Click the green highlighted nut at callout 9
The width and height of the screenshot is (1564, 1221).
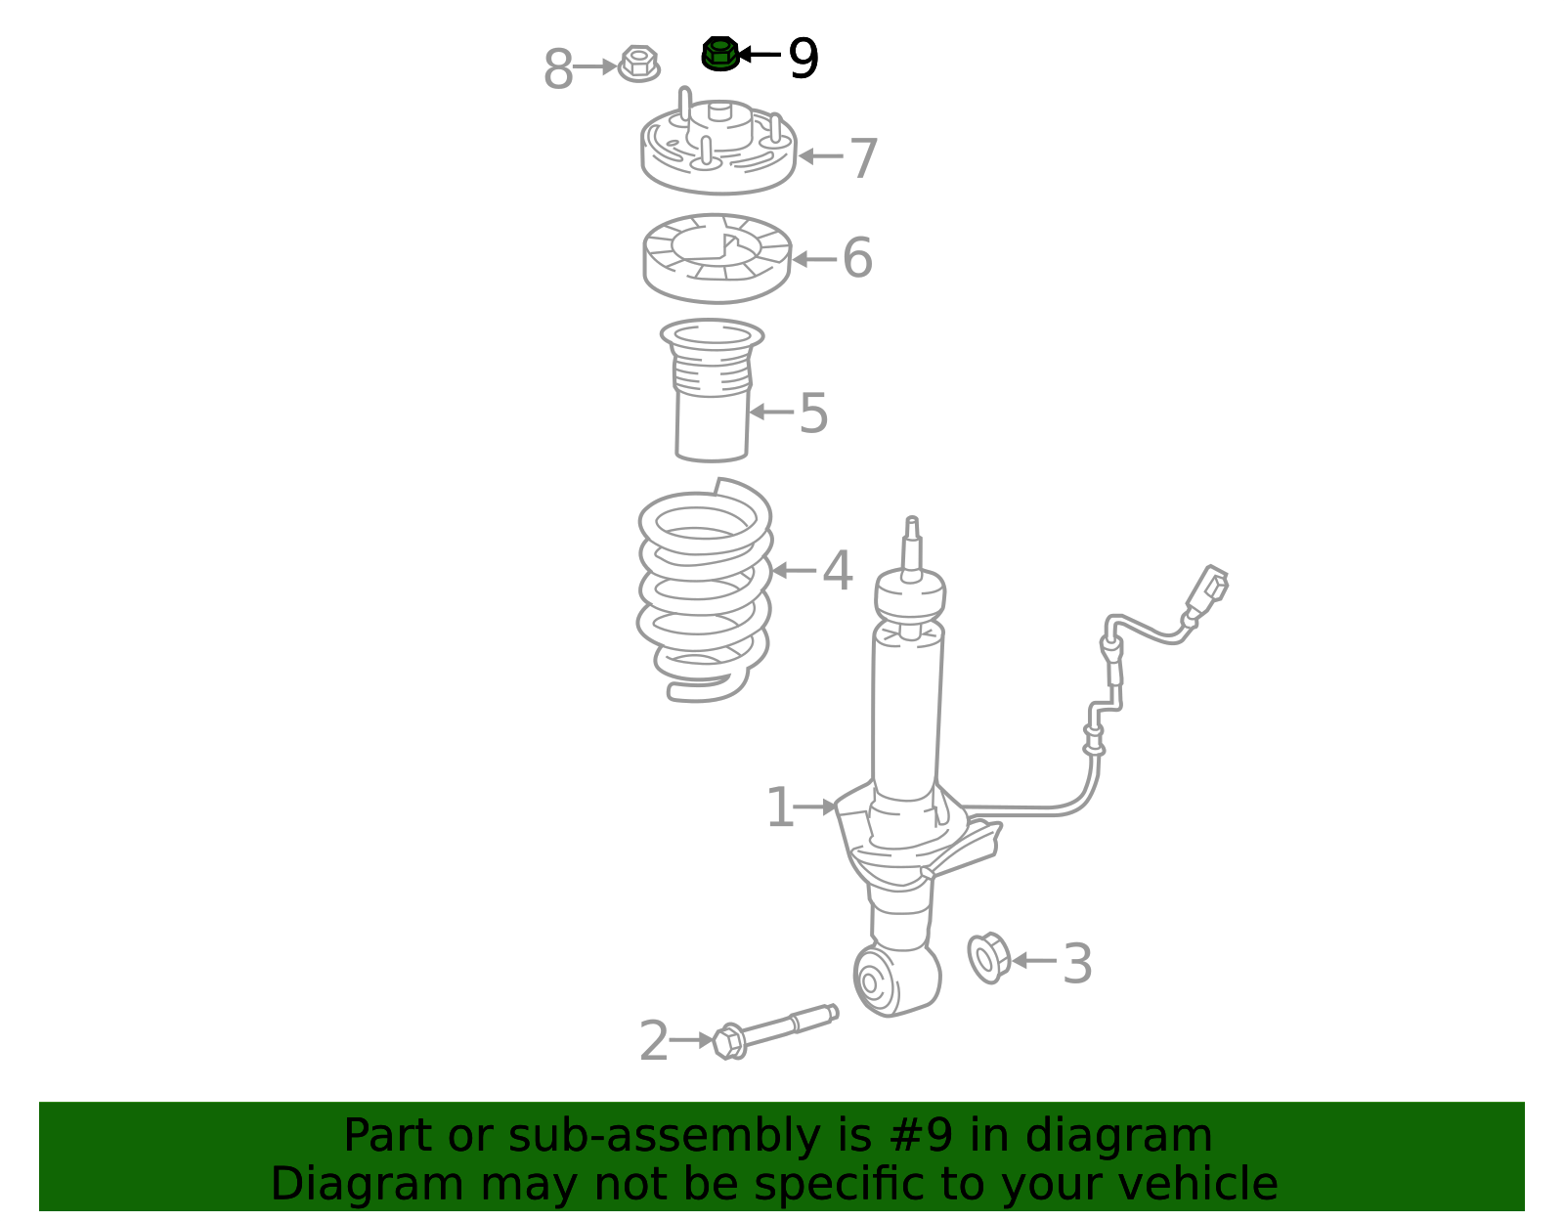point(720,53)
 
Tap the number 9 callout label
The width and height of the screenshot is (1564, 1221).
point(804,58)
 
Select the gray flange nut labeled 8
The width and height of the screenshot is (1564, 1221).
point(639,64)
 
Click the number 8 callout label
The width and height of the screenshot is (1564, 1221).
point(558,69)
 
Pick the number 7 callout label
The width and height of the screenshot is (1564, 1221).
point(864,158)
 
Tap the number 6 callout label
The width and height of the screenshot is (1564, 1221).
point(857,257)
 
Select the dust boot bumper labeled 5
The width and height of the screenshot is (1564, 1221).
point(712,389)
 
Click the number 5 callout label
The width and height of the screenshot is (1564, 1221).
point(814,413)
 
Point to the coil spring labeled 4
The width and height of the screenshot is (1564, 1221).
point(705,590)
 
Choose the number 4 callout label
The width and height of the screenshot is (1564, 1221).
point(838,571)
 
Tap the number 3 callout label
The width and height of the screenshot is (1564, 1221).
point(1077,964)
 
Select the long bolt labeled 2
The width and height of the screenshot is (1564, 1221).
point(775,1031)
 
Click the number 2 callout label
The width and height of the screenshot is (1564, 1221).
point(654,1040)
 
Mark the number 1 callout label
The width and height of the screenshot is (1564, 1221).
point(779,807)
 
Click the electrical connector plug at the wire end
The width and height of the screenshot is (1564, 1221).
point(1208,588)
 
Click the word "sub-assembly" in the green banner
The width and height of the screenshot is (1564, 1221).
point(665,1135)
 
